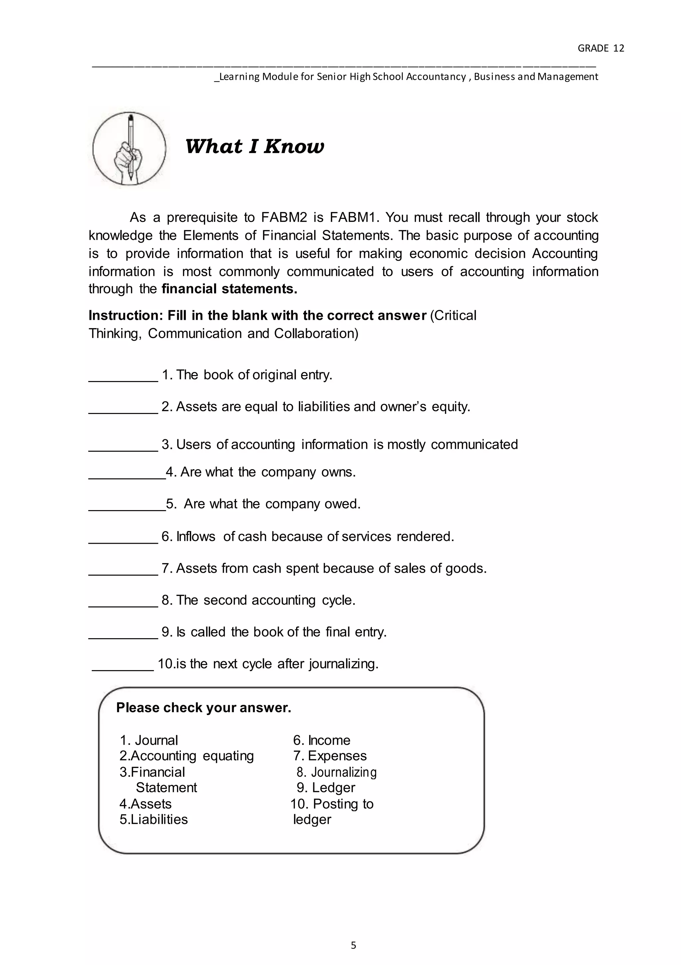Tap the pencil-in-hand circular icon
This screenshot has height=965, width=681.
pos(129,148)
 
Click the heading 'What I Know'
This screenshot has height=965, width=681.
pos(255,146)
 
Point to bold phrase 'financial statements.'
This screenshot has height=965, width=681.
pos(229,289)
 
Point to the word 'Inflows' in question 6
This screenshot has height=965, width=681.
pos(195,537)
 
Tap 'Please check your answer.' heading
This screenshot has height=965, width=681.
pos(203,708)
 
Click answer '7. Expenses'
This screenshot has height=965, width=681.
pos(330,756)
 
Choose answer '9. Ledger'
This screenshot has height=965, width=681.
pos(326,788)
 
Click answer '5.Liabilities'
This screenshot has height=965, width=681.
pos(153,819)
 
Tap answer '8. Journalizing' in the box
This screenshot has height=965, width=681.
pos(337,772)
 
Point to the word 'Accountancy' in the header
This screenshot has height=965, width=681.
pos(436,77)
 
